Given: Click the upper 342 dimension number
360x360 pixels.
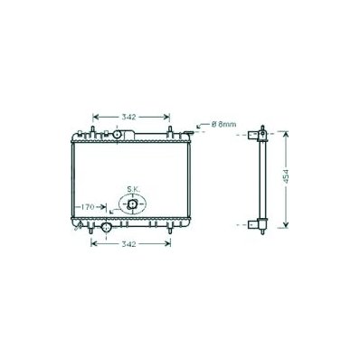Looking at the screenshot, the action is (128, 117).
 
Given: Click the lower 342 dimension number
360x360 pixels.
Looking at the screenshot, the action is (128, 244).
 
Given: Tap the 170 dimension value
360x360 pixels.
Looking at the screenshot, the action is (88, 207).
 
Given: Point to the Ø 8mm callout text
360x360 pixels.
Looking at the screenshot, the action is (223, 124).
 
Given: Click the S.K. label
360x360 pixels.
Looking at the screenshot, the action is (133, 189).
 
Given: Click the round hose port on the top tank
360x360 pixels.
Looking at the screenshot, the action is (117, 135).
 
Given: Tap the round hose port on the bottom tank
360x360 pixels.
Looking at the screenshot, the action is (107, 227).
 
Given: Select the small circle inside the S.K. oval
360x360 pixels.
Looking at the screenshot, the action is (132, 204).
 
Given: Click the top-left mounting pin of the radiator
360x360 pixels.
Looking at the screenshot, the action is (92, 130).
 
